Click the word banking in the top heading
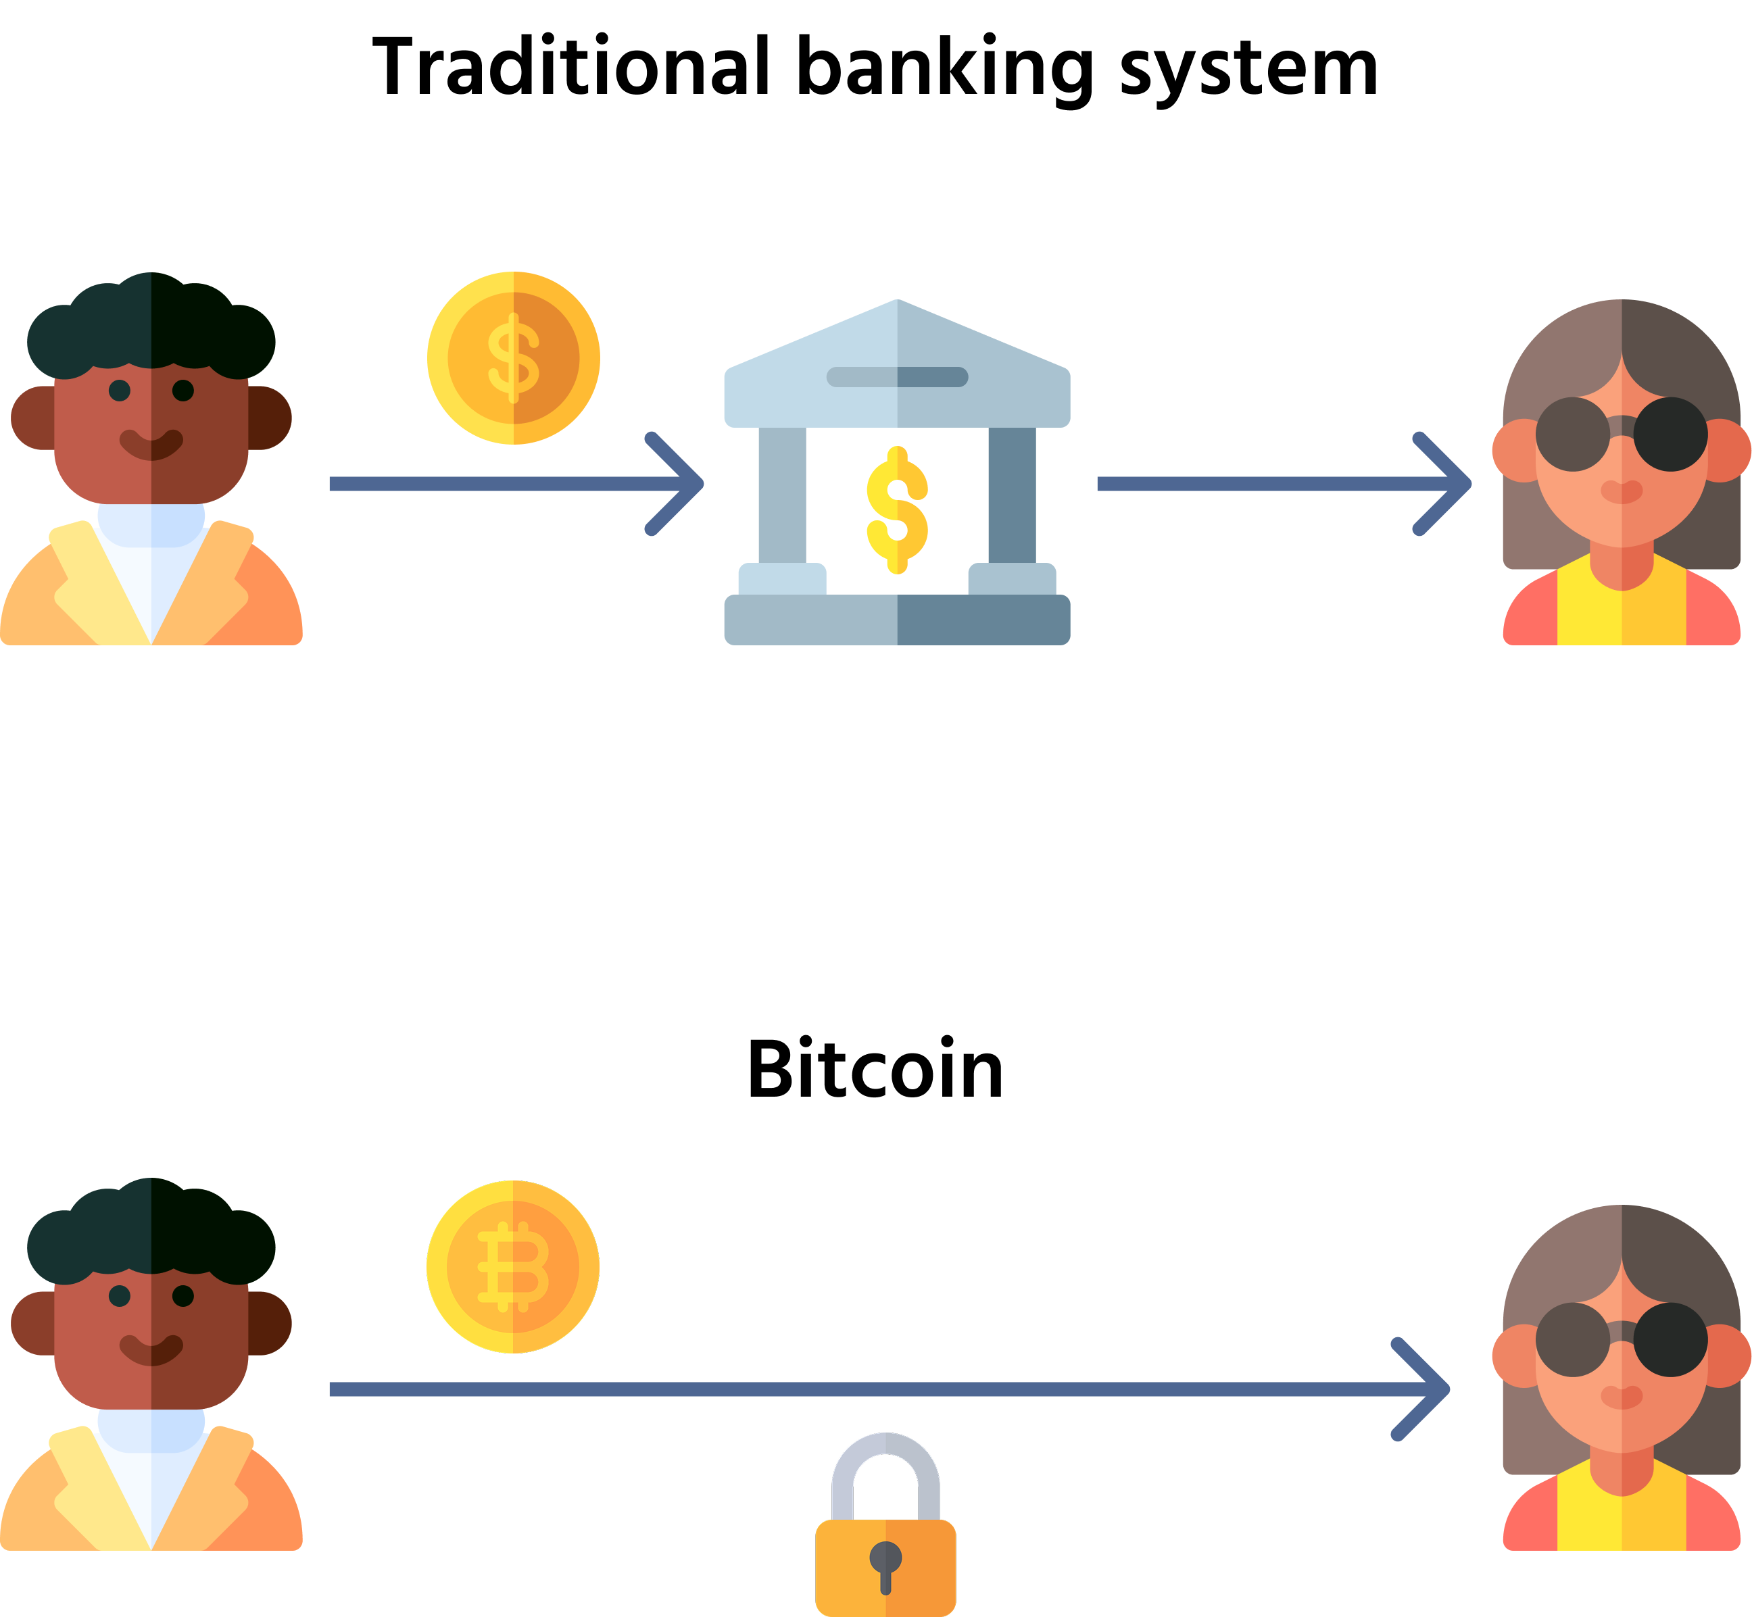(946, 70)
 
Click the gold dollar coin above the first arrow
(514, 358)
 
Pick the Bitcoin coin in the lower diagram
(513, 1266)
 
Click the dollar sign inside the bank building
(897, 510)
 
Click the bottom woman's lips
(1622, 1397)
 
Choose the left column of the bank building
(782, 495)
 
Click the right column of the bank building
(1013, 495)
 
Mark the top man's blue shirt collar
(151, 525)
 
